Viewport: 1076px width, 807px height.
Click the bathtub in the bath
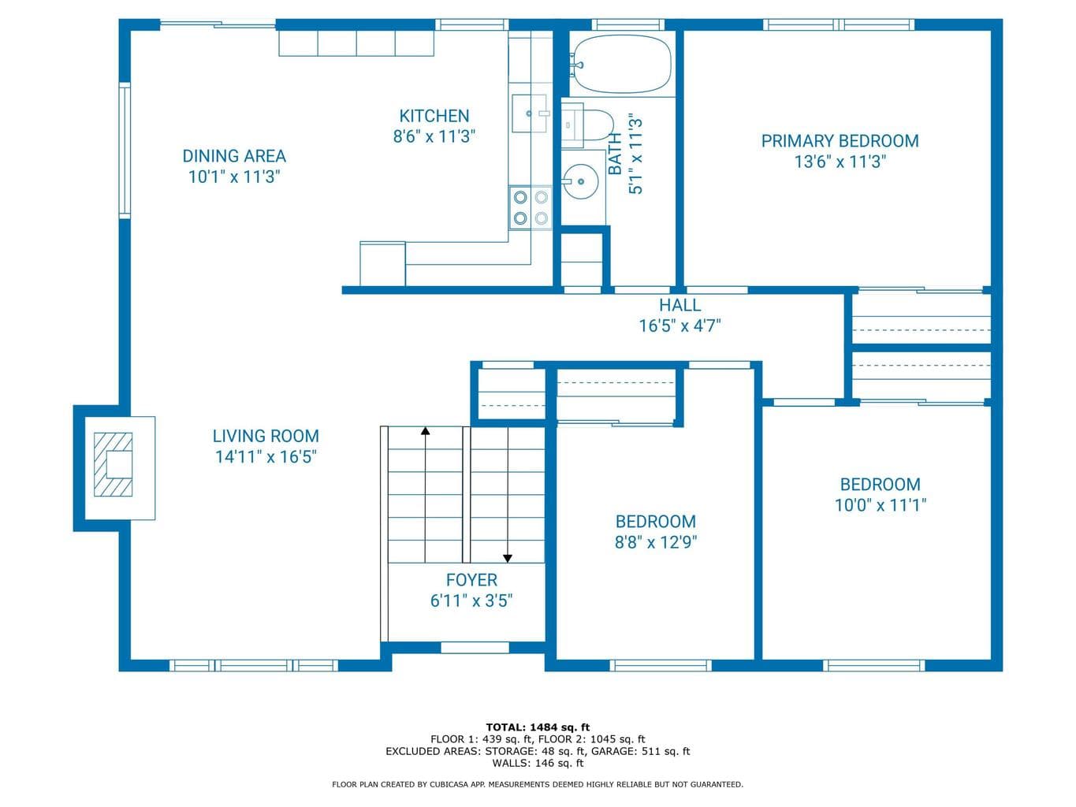(622, 64)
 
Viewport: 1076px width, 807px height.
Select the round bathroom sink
(580, 181)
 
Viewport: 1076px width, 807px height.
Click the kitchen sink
(530, 113)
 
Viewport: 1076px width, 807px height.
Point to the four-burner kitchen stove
(531, 207)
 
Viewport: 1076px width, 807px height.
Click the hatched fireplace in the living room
(114, 464)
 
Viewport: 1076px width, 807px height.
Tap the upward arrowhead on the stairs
(426, 431)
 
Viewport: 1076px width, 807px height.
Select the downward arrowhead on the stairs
(508, 559)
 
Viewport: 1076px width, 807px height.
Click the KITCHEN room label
(434, 116)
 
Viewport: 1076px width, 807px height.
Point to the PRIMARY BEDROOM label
(840, 141)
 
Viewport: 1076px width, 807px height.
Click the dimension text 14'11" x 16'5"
(266, 456)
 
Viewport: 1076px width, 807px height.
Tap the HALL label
(680, 305)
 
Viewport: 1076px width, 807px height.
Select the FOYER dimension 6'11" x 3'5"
(471, 601)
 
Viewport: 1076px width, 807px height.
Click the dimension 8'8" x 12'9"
(656, 542)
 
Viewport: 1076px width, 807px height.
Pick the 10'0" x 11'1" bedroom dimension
(881, 505)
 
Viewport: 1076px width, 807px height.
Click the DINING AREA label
(234, 156)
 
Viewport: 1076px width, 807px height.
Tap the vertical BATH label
(615, 154)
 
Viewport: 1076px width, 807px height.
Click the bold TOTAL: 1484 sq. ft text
(538, 727)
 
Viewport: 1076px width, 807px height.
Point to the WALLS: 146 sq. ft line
(538, 763)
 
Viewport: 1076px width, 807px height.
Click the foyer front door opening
(475, 647)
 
